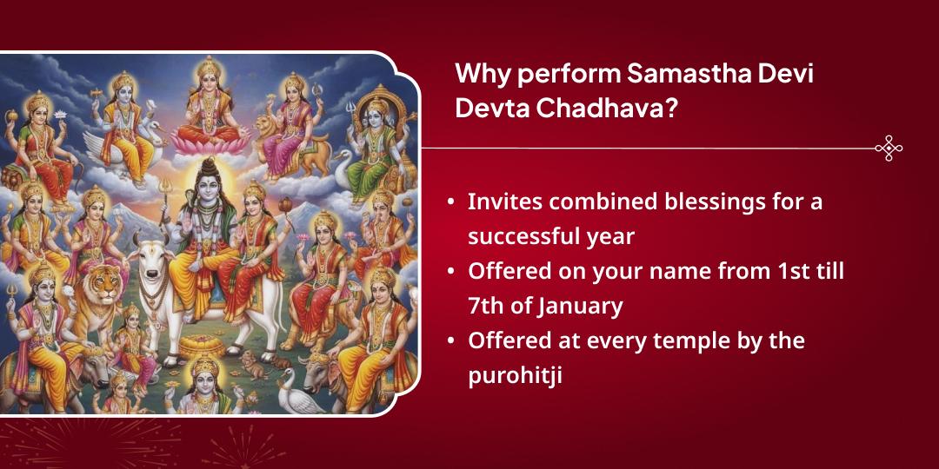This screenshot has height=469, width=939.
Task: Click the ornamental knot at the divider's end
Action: coord(888,149)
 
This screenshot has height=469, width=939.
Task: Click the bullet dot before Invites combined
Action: coord(450,202)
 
